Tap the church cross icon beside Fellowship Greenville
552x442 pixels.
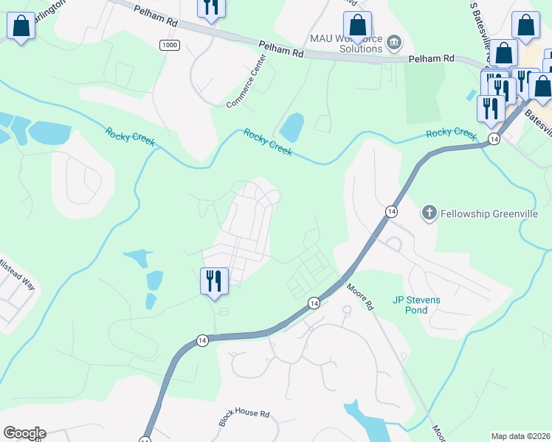(x=429, y=214)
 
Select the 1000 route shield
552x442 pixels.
(x=169, y=45)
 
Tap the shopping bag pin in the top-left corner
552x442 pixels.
(x=21, y=27)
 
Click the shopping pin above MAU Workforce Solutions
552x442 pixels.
(x=357, y=27)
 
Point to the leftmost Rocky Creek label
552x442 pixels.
(x=130, y=137)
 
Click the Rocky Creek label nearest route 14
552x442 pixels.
(x=451, y=133)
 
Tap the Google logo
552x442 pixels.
(x=24, y=433)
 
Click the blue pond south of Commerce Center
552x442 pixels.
(x=291, y=127)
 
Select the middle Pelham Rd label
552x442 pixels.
(x=281, y=50)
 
